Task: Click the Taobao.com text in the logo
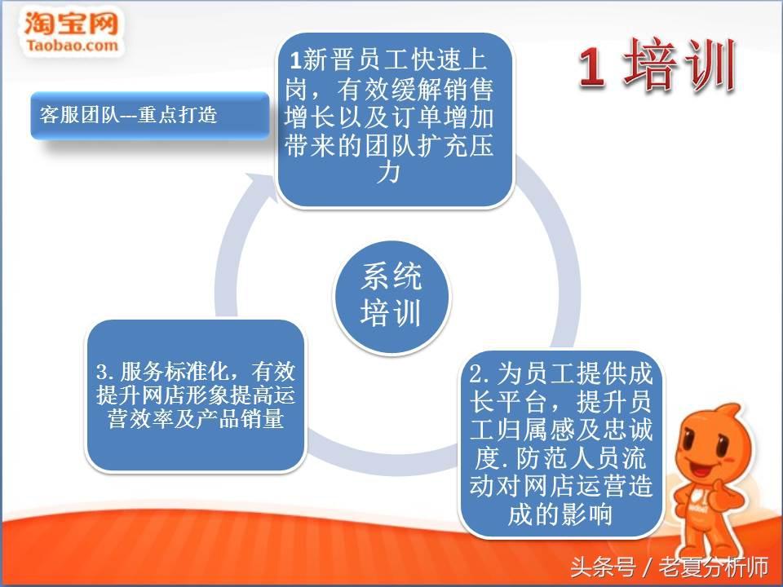73,46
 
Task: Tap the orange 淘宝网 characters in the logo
72,23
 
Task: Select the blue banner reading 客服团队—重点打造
150,115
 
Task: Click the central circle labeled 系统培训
392,297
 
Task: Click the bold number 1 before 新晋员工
295,61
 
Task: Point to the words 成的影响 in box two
560,514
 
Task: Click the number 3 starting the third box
103,372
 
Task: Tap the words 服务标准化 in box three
175,372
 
